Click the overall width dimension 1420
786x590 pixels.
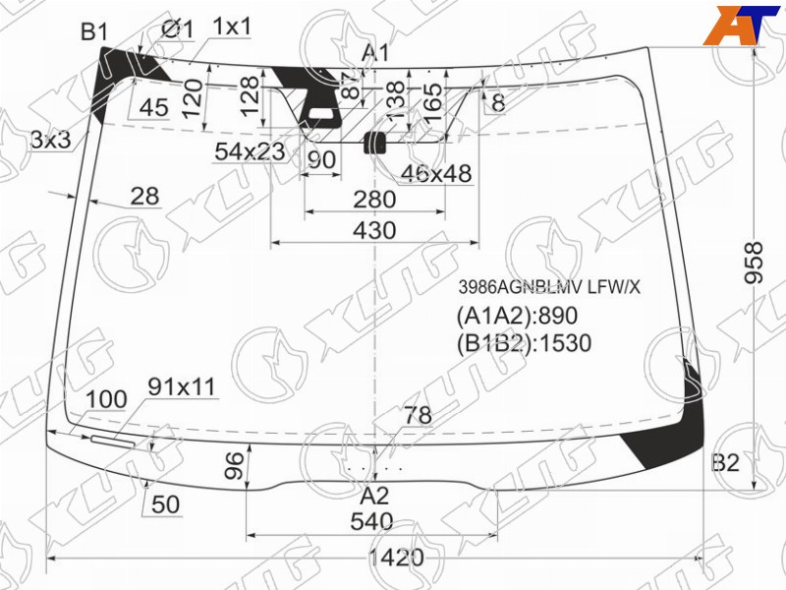[x=396, y=557]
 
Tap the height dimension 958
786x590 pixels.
[x=753, y=263]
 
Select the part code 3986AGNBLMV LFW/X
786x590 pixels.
[x=549, y=287]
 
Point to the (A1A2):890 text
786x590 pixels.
[x=517, y=316]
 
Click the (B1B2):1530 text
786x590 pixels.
[x=524, y=343]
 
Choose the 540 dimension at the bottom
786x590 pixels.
[x=371, y=522]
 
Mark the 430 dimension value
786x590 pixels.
[x=374, y=230]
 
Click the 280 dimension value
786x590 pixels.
[x=374, y=200]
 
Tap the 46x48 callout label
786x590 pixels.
[x=436, y=174]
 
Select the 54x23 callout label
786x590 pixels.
[x=250, y=151]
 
